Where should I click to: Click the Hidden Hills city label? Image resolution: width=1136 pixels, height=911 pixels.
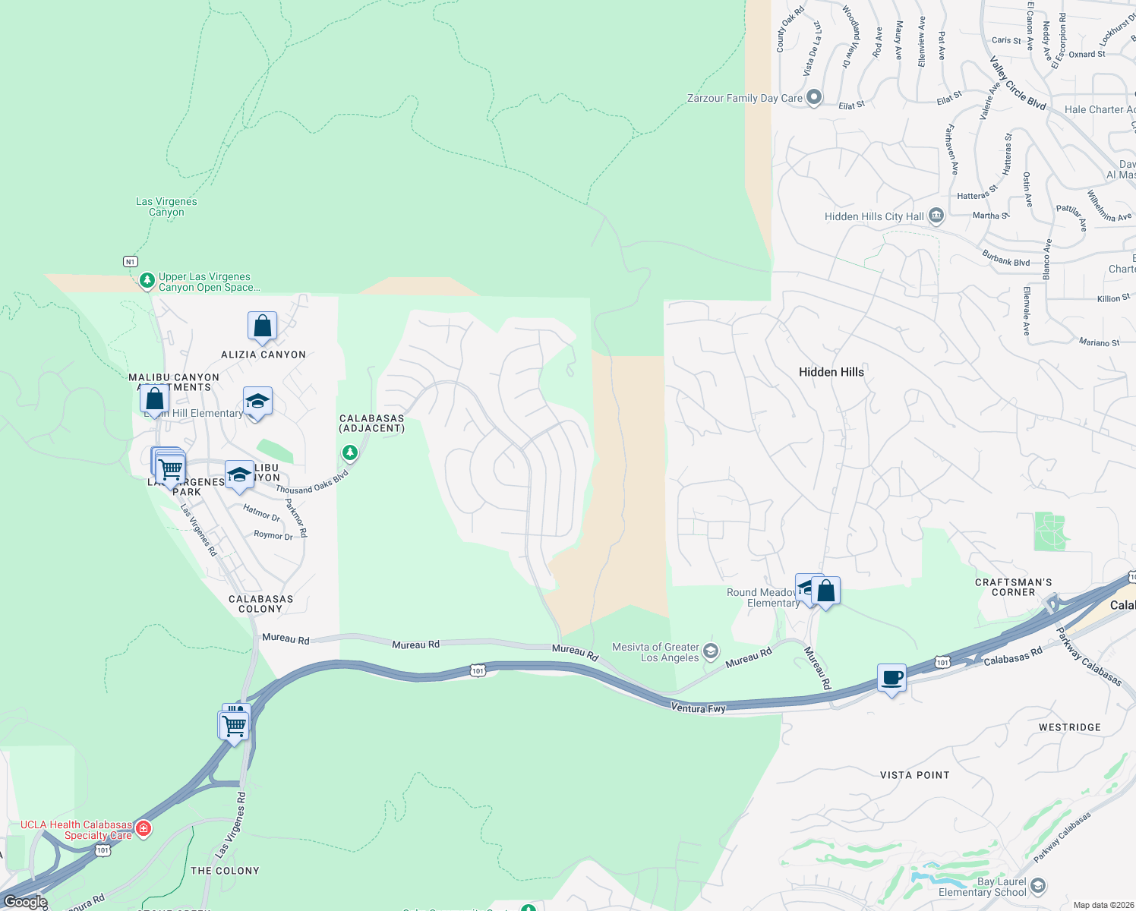pyautogui.click(x=831, y=372)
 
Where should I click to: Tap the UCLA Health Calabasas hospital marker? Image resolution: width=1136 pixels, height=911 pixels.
pyautogui.click(x=144, y=827)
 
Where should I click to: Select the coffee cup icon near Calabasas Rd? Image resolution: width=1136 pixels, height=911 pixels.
pyautogui.click(x=891, y=677)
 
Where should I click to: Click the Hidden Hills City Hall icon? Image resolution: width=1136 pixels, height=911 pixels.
pyautogui.click(x=936, y=216)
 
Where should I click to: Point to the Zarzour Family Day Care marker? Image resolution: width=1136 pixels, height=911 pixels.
pyautogui.click(x=814, y=98)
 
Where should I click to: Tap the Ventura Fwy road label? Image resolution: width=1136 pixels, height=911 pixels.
pyautogui.click(x=698, y=708)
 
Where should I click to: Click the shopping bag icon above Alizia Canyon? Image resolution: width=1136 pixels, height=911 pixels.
pyautogui.click(x=262, y=326)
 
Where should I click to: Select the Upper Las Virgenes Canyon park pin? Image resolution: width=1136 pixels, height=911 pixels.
pyautogui.click(x=147, y=282)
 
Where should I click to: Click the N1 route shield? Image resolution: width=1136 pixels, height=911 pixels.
pyautogui.click(x=131, y=262)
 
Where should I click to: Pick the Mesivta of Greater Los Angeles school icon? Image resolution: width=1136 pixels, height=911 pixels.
pyautogui.click(x=711, y=651)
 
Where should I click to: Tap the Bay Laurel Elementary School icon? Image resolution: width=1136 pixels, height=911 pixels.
pyautogui.click(x=1038, y=886)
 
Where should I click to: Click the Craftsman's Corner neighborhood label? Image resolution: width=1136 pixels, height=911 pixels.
pyautogui.click(x=1013, y=588)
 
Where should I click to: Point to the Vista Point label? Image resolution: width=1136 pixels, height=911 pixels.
pyautogui.click(x=914, y=775)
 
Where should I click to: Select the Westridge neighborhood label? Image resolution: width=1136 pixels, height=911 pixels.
pyautogui.click(x=1069, y=727)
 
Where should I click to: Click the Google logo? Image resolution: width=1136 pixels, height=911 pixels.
pyautogui.click(x=25, y=902)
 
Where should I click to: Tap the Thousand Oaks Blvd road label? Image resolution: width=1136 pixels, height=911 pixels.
pyautogui.click(x=312, y=482)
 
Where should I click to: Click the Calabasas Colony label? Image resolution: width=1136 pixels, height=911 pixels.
pyautogui.click(x=260, y=604)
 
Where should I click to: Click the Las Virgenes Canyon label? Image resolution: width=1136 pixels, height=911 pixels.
pyautogui.click(x=166, y=206)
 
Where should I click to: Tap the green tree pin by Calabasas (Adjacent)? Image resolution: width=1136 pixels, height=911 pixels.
pyautogui.click(x=349, y=453)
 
